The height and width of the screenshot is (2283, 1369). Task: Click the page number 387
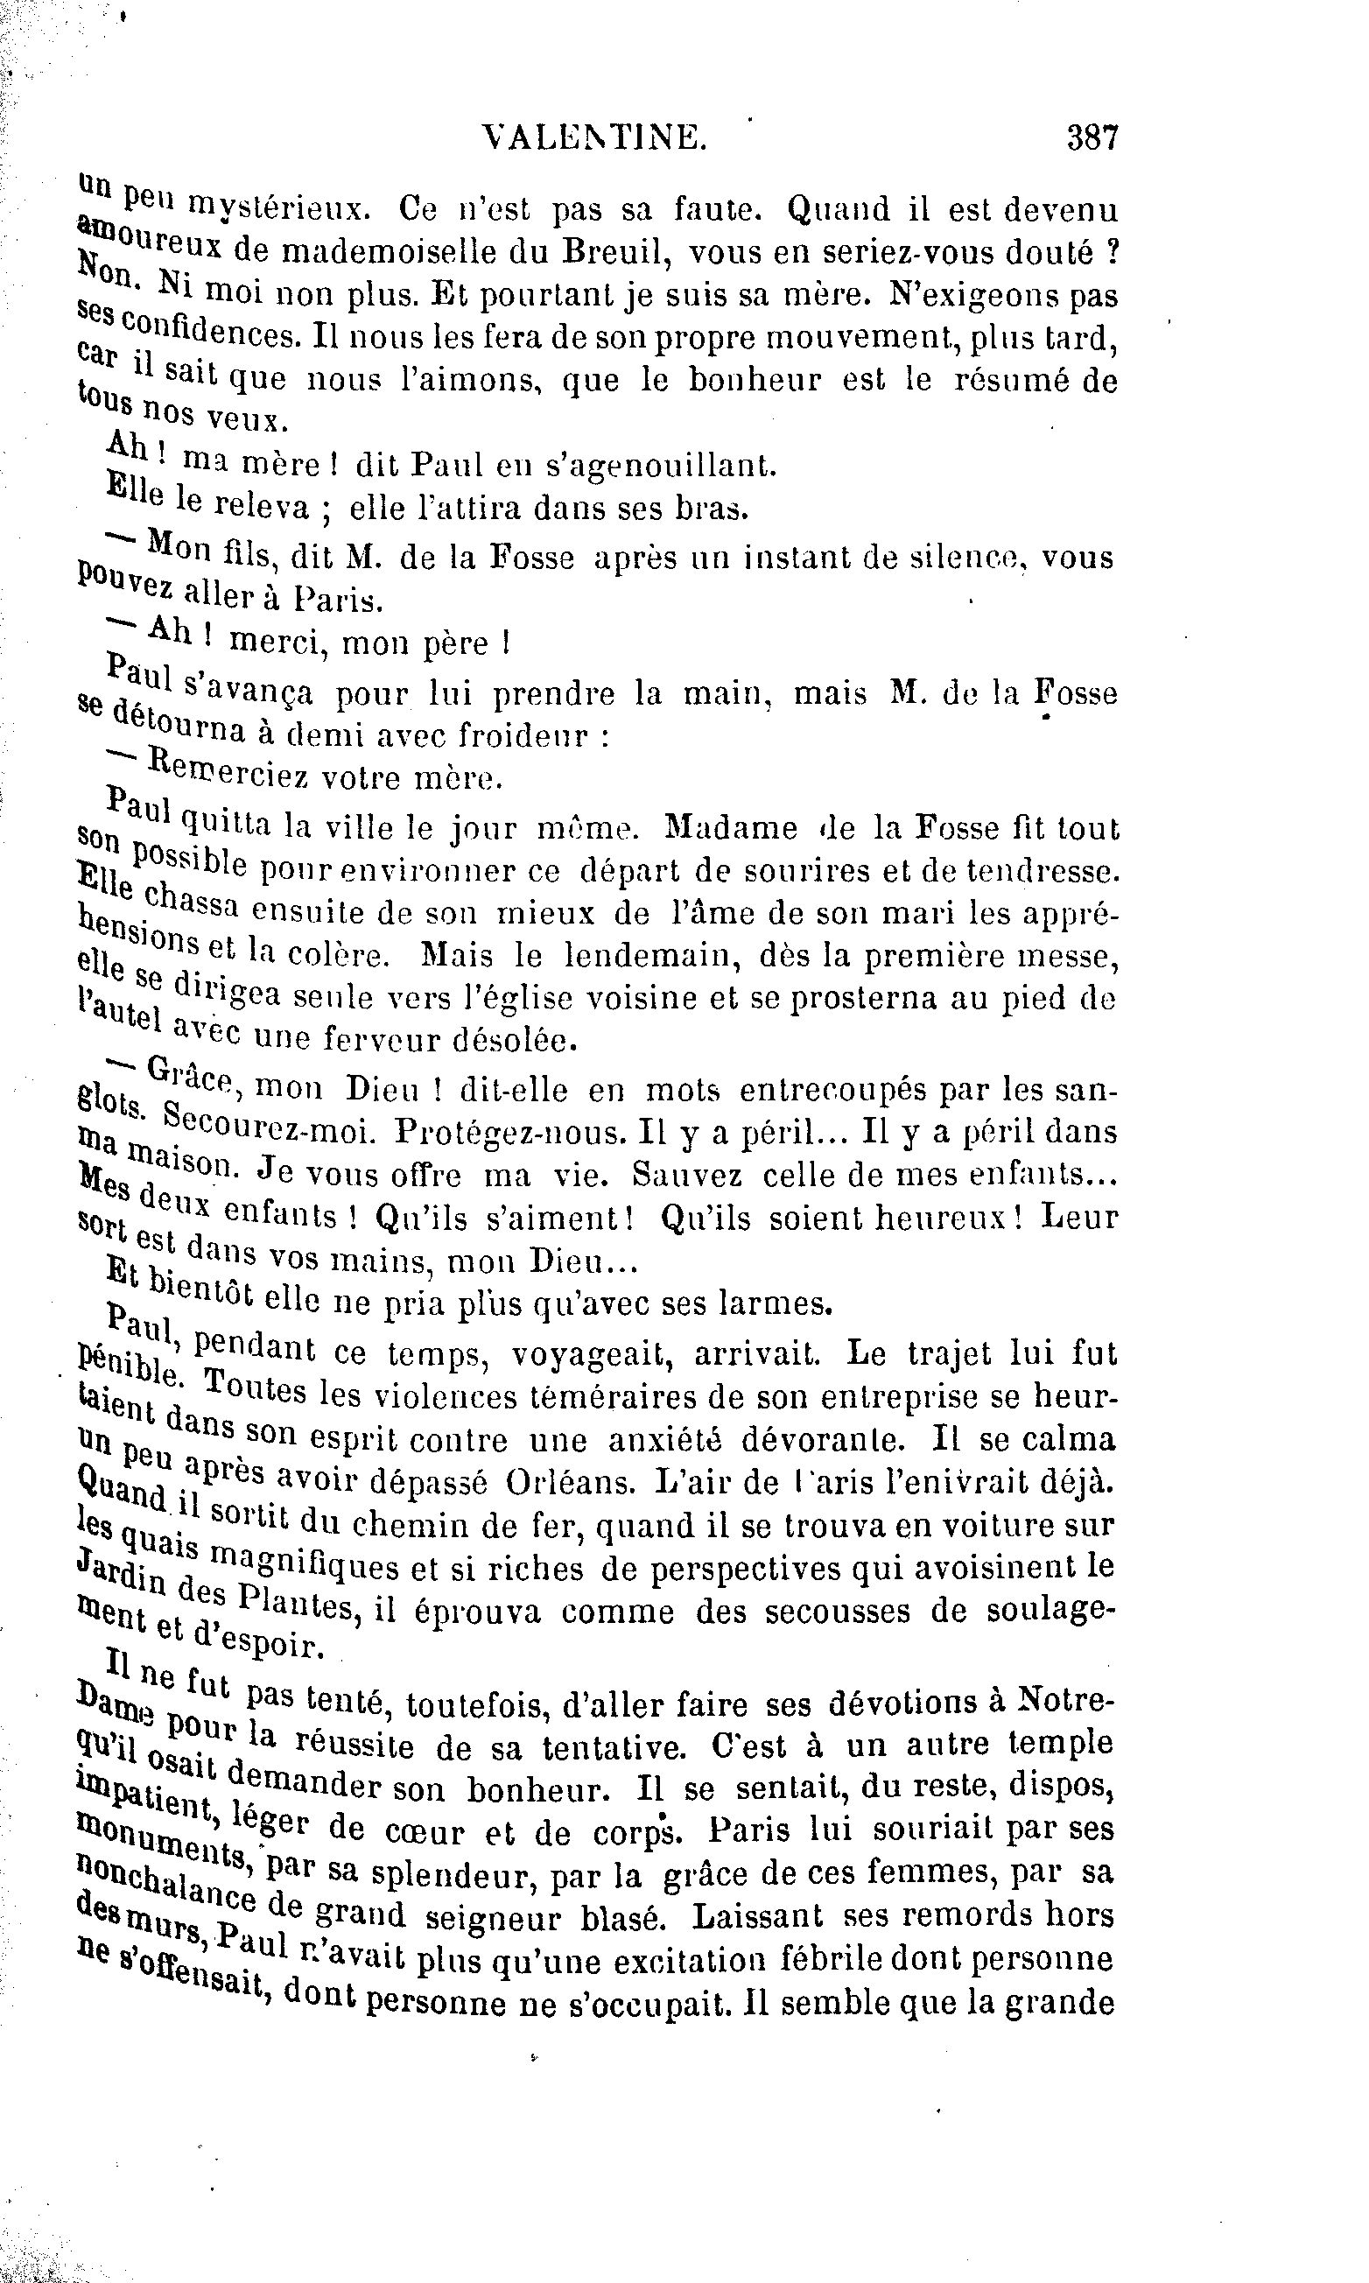(x=1092, y=138)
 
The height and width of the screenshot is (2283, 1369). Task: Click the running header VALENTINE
(x=595, y=138)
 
